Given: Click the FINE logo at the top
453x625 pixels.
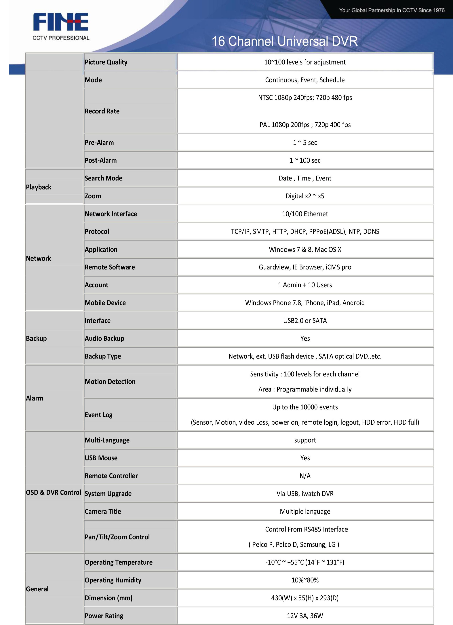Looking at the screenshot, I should [x=61, y=22].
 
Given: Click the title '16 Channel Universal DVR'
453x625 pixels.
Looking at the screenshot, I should [x=284, y=41].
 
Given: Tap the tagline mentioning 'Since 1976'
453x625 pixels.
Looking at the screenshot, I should [x=392, y=10].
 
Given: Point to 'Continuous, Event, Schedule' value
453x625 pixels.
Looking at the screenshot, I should [x=305, y=80].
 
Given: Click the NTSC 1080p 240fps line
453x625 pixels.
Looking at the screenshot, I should [x=305, y=98].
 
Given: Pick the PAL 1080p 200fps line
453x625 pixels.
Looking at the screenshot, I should [x=305, y=125].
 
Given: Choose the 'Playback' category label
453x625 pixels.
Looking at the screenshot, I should [x=39, y=187].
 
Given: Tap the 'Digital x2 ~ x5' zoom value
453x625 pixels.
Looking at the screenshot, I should [x=305, y=196].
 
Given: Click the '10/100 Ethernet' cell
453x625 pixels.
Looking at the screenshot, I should [x=305, y=214].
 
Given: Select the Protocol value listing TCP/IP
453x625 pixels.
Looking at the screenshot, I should [x=305, y=231].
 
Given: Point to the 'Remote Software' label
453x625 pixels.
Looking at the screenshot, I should [x=110, y=267].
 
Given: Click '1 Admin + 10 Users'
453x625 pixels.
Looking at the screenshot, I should [x=305, y=285].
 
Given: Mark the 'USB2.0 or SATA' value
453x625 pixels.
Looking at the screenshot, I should [x=305, y=320].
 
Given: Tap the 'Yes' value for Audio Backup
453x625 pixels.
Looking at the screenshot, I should [x=305, y=338].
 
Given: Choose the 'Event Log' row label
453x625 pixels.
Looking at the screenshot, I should [x=98, y=415].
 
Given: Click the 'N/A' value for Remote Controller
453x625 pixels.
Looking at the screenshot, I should [x=305, y=476].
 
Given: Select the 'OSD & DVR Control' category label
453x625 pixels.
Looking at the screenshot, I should [x=54, y=492].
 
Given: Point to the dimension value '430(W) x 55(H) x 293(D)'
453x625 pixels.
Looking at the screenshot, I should [x=305, y=598].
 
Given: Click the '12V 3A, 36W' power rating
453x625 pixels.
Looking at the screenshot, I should [x=305, y=616].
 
